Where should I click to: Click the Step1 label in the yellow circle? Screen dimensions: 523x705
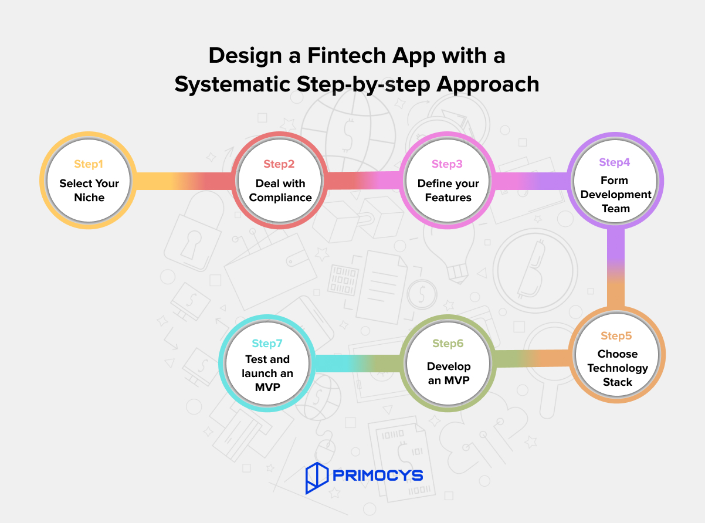89,164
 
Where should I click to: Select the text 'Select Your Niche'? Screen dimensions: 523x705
89,191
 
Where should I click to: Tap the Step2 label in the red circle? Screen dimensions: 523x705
280,164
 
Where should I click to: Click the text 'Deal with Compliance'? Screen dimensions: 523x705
280,191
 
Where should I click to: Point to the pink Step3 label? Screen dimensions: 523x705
448,164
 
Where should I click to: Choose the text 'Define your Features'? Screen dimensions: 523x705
448,191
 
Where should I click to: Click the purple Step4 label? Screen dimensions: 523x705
615,162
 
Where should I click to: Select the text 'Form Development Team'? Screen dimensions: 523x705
615,194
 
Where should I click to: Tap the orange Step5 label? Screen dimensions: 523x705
616,336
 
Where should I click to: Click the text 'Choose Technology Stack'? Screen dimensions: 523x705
617,368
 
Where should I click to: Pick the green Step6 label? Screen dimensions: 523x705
448,344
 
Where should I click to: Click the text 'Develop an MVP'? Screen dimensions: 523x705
449,373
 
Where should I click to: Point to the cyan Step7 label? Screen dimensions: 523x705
267,344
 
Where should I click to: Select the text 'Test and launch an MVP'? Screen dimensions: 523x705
267,373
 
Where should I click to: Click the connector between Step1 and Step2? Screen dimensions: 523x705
183,181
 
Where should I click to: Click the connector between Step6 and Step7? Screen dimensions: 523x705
358,363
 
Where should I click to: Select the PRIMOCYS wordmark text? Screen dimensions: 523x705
377,475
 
